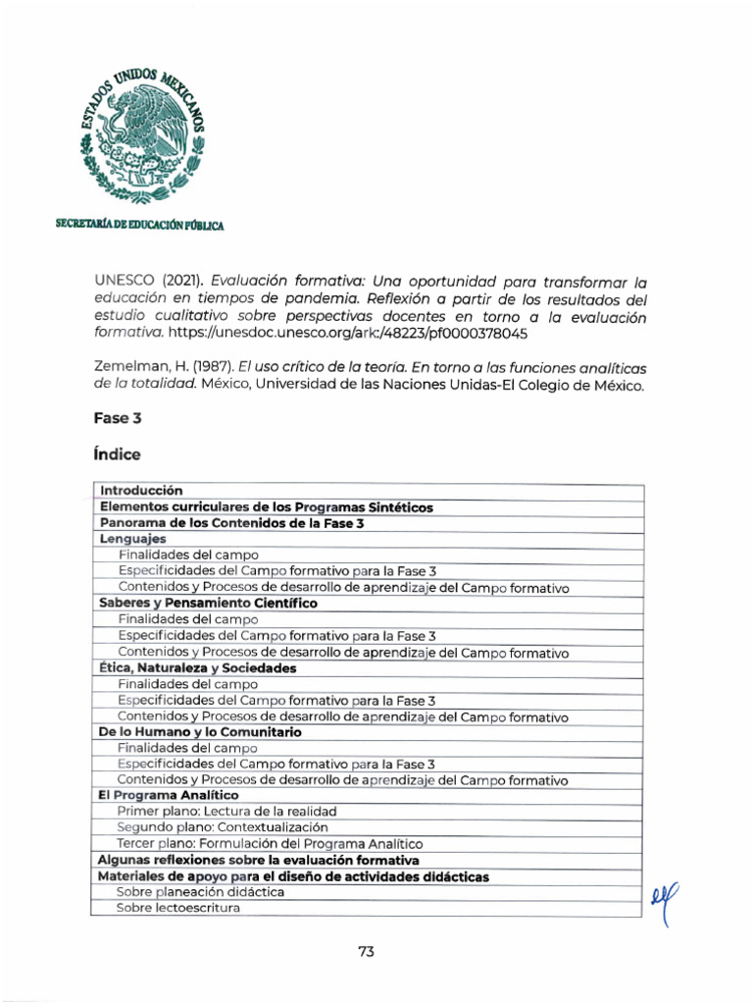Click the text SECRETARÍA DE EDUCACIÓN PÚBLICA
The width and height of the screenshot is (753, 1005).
click(139, 225)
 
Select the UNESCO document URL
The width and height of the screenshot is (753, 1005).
click(348, 334)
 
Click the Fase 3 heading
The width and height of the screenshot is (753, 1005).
click(118, 418)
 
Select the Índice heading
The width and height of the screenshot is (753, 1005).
click(117, 454)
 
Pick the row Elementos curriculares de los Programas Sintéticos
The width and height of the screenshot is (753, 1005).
click(266, 507)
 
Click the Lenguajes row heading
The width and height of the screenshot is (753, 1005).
click(132, 539)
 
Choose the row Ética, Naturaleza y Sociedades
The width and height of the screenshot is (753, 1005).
click(197, 667)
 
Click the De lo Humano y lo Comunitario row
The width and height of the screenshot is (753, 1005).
click(200, 732)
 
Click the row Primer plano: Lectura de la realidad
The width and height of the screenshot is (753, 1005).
click(226, 812)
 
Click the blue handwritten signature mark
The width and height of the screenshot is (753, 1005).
click(664, 898)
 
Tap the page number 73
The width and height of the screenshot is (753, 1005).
click(367, 951)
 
